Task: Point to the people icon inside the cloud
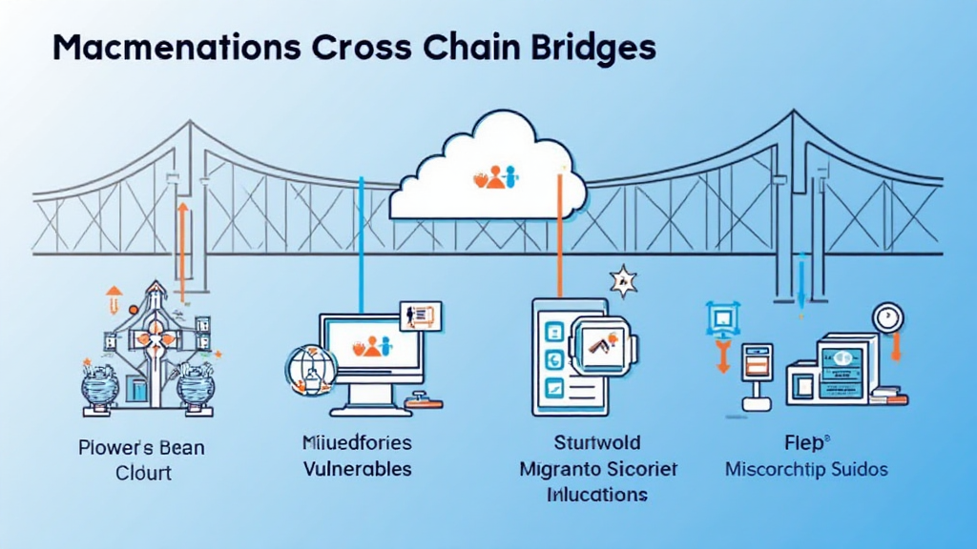point(494,176)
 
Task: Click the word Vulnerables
point(358,469)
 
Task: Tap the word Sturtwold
point(597,443)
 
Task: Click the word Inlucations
point(597,495)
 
